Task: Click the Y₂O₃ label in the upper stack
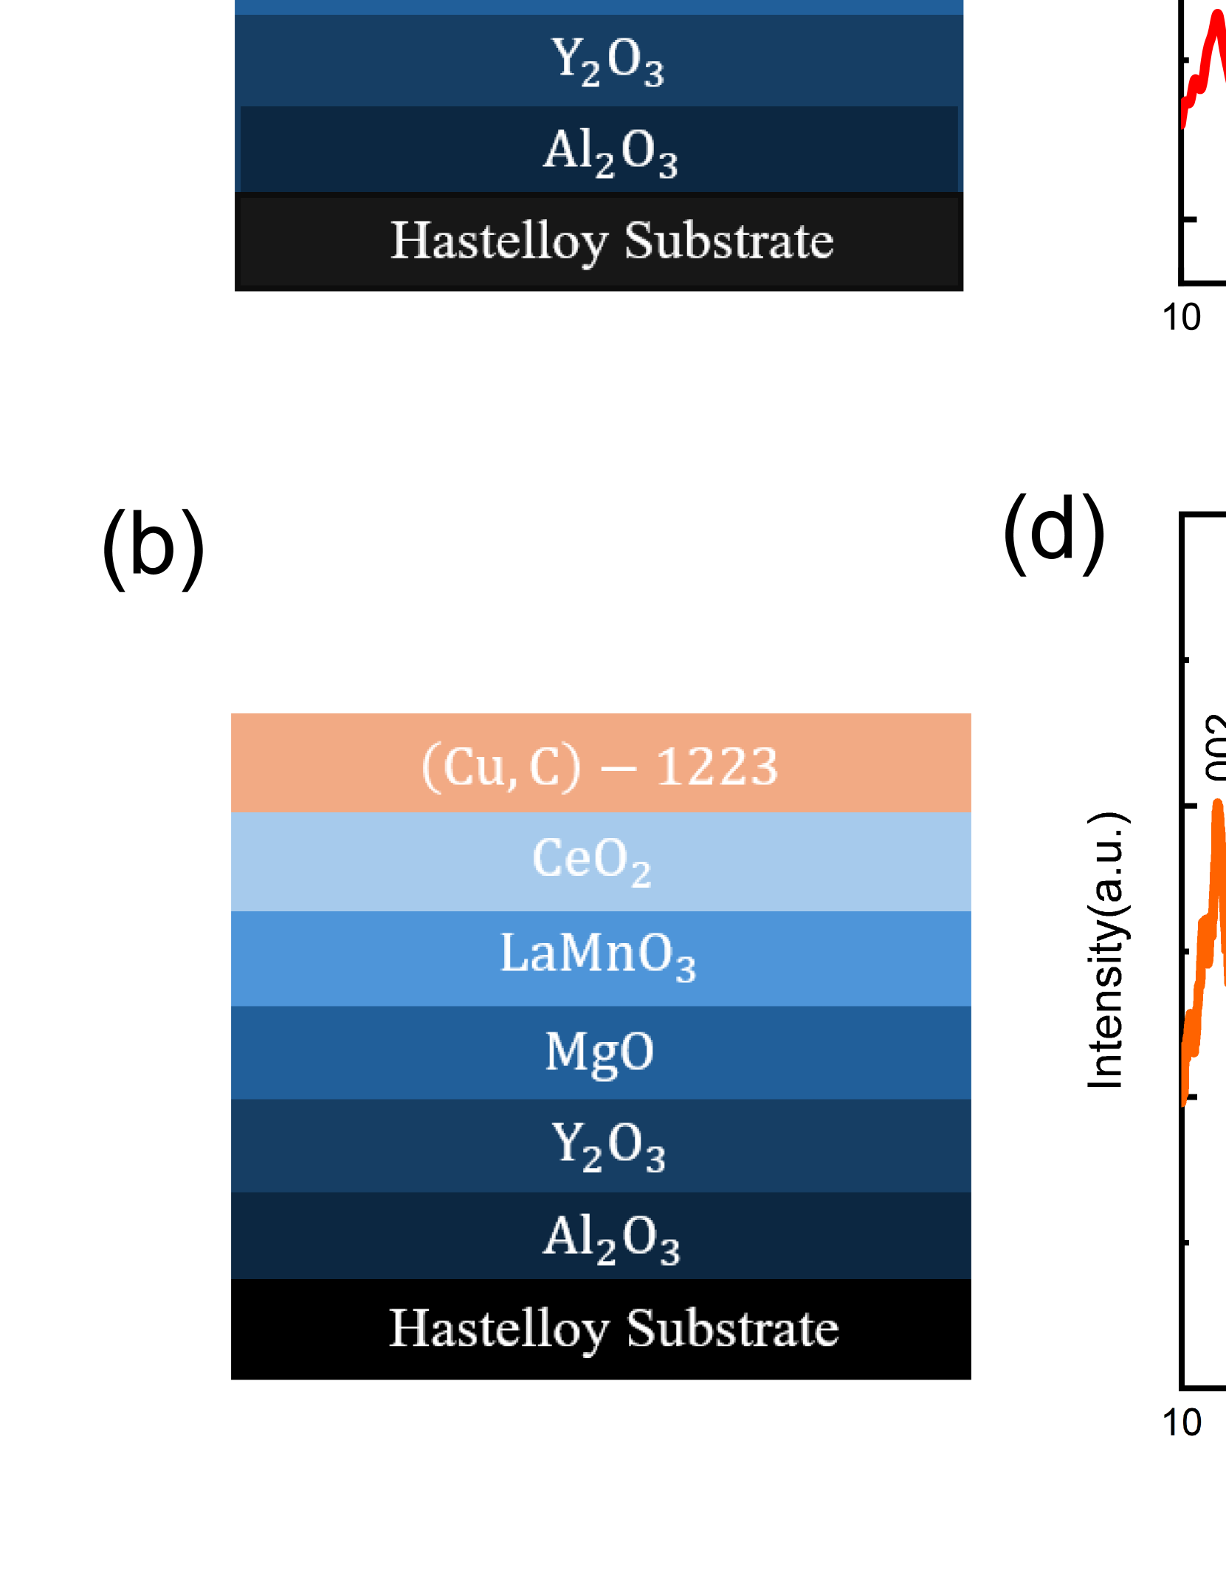(607, 61)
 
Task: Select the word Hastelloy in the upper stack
(498, 241)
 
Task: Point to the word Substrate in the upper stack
(729, 241)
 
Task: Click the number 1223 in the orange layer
(716, 766)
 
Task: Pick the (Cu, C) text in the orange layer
(500, 767)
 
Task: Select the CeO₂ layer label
(592, 860)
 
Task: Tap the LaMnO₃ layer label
(598, 954)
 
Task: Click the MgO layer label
(599, 1051)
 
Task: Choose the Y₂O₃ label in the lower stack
(608, 1145)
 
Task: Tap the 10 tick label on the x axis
(1182, 1422)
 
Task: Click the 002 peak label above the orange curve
(1216, 746)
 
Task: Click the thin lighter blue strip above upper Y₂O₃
(599, 7)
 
